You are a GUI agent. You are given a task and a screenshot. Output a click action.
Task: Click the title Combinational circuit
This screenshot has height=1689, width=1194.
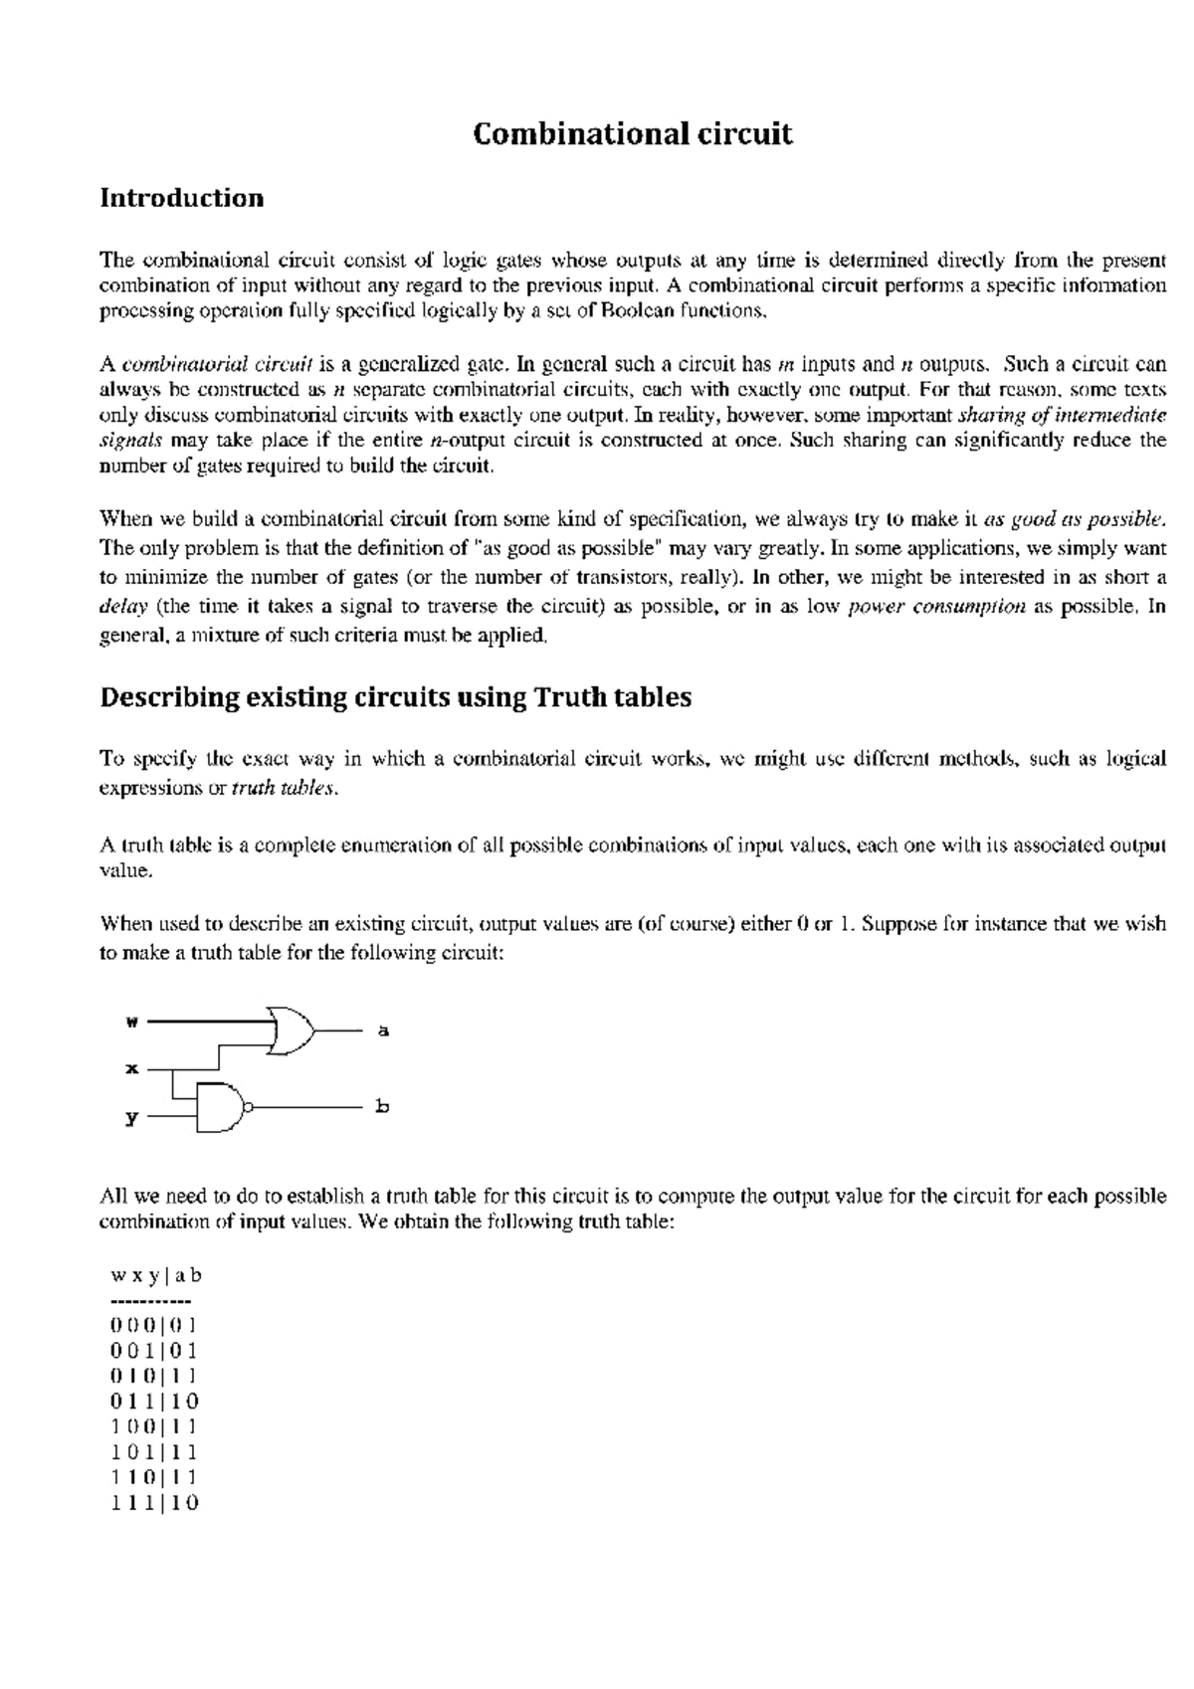[x=633, y=134]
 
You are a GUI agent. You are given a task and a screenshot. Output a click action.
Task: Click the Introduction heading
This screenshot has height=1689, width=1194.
[x=181, y=198]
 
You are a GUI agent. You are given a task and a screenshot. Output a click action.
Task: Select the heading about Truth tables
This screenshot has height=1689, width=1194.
[x=395, y=697]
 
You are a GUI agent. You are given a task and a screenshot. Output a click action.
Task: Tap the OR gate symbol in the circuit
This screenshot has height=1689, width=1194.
[x=290, y=1030]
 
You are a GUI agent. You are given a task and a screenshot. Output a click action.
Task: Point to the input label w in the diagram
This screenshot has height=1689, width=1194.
[x=130, y=1021]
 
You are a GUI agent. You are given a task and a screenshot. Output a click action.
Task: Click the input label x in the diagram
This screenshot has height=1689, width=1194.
[x=130, y=1069]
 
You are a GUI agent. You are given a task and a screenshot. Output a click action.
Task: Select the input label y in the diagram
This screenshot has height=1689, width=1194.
[x=130, y=1117]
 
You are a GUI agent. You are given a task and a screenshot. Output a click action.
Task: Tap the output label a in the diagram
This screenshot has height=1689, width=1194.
[x=383, y=1031]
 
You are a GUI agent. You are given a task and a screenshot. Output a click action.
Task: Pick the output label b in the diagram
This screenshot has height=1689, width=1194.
[x=383, y=1106]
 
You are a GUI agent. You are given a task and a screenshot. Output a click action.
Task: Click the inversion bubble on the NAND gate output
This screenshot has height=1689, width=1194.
[x=250, y=1106]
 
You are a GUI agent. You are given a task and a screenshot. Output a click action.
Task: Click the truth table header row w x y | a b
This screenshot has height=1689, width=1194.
[x=156, y=1275]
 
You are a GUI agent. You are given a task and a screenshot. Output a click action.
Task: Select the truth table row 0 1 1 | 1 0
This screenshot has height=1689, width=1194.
[x=154, y=1402]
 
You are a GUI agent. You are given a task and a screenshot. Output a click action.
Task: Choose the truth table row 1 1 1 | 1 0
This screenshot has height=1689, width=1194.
[x=154, y=1503]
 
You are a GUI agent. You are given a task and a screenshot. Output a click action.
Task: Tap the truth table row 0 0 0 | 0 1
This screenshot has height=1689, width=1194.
[x=154, y=1325]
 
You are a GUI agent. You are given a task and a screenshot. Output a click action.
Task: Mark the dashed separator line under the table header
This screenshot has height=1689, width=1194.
[x=150, y=1301]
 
